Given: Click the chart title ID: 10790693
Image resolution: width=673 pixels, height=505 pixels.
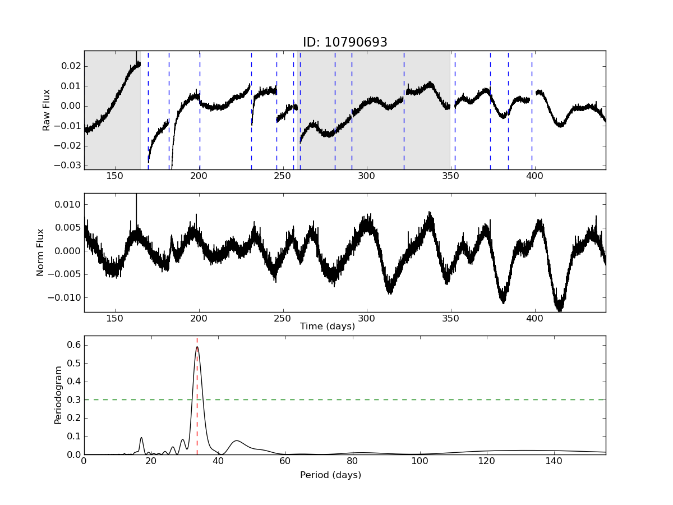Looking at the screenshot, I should (345, 43).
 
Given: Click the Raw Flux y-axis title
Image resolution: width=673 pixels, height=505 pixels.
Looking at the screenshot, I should (47, 110).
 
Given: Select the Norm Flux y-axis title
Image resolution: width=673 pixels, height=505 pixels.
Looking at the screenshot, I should (40, 252).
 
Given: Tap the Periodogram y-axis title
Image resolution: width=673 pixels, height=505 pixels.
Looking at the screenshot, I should (58, 395).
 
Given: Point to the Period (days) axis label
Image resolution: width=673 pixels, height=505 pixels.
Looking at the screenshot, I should (330, 475).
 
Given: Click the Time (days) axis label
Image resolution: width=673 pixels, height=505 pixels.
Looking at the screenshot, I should (328, 327).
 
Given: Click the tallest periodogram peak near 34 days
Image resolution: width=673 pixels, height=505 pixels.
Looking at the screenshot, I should (197, 347).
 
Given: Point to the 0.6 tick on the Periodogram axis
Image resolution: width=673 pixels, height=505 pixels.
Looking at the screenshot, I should (74, 345).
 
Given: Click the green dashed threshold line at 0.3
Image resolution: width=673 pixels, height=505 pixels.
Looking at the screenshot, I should (393, 400).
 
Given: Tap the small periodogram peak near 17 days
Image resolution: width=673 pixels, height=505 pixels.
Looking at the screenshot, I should (141, 438).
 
